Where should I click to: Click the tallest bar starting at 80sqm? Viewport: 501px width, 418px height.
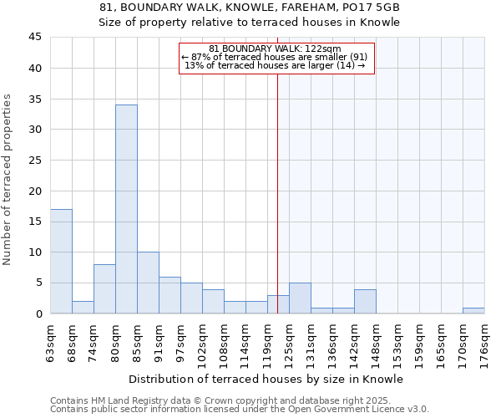[x=126, y=209]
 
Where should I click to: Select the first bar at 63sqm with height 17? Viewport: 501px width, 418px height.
[x=61, y=261]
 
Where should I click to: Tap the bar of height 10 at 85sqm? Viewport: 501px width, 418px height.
[x=148, y=283]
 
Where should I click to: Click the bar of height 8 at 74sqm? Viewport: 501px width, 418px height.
[x=104, y=288]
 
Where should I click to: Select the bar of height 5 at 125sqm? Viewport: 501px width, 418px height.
[x=300, y=298]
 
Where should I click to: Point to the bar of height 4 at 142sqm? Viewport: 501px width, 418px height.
[x=365, y=301]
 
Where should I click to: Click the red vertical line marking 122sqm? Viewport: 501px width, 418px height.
[x=277, y=192]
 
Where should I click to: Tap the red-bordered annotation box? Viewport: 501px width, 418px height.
[x=276, y=58]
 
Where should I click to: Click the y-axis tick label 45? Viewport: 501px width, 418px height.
[x=35, y=38]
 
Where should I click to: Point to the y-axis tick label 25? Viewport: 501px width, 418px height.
[x=35, y=161]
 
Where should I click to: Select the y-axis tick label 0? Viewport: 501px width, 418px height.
[x=38, y=313]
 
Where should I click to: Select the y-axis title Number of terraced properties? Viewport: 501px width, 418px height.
[x=8, y=180]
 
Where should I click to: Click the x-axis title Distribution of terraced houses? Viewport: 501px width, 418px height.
[x=266, y=379]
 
